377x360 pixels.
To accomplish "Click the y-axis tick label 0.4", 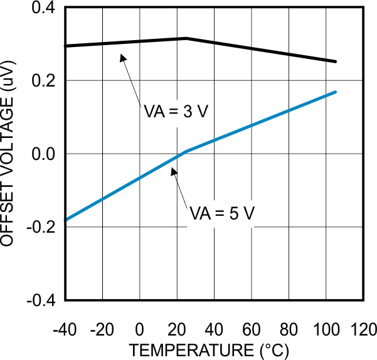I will pos(42,8).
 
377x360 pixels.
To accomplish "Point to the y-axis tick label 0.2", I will pos(42,81).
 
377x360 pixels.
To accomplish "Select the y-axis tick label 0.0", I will pos(42,154).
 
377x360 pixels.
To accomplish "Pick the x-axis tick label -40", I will pos(65,329).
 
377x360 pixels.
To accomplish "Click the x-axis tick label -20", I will pos(102,329).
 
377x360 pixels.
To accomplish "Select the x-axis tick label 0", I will pos(140,329).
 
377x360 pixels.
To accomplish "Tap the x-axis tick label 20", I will pos(177,329).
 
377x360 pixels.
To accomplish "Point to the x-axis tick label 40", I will pos(215,329).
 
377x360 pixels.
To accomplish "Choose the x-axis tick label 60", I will pos(252,329).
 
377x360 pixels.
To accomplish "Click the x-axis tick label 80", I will pos(289,329).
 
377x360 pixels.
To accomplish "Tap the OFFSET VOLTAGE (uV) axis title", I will pos(11,154).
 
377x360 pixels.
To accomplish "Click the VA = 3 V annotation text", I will pos(174,113).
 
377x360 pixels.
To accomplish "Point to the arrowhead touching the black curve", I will pos(124,57).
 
